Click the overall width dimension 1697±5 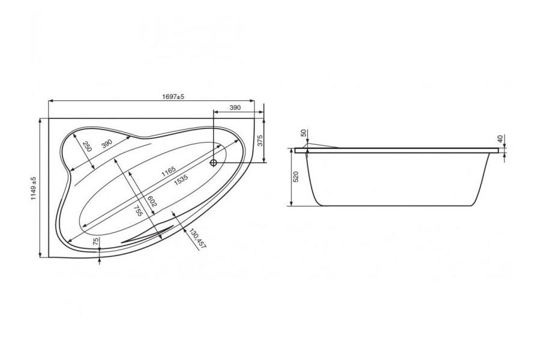pyautogui.click(x=173, y=97)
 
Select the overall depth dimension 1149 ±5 pyautogui.click(x=34, y=188)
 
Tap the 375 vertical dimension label pyautogui.click(x=260, y=140)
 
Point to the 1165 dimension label pyautogui.click(x=169, y=171)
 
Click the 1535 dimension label pyautogui.click(x=181, y=180)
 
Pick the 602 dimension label pyautogui.click(x=152, y=201)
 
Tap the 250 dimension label pyautogui.click(x=87, y=146)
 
